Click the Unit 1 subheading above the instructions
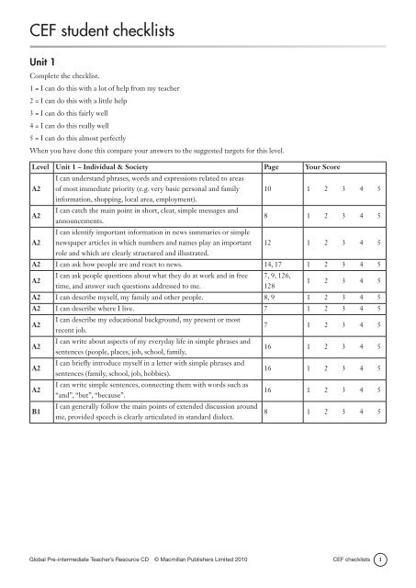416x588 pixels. (x=48, y=80)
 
